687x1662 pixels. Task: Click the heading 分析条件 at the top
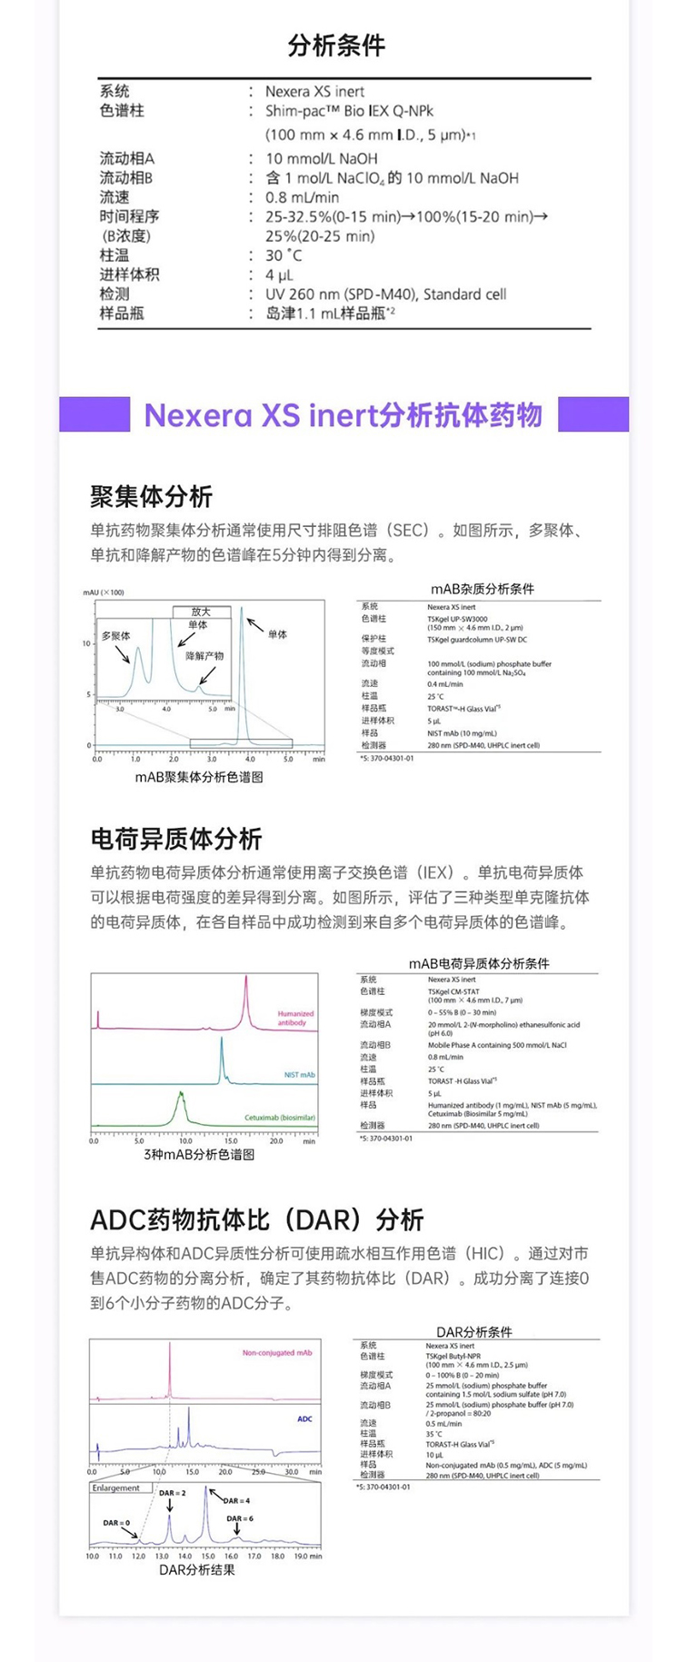click(x=336, y=45)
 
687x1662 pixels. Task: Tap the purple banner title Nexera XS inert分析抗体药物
click(x=343, y=415)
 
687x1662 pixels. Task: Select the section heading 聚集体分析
click(x=151, y=496)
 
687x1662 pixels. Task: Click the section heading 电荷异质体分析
click(x=176, y=838)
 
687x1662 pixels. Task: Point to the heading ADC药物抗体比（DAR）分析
click(x=257, y=1219)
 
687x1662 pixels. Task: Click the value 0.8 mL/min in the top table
click(x=302, y=197)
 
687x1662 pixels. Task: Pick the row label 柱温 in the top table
click(x=114, y=255)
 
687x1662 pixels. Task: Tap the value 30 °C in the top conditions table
click(x=284, y=255)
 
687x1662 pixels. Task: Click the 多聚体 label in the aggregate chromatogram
click(x=115, y=636)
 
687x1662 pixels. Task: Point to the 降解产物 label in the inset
click(x=204, y=655)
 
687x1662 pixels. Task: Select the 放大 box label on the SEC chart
click(x=201, y=612)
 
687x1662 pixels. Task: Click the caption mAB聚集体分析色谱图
click(x=199, y=777)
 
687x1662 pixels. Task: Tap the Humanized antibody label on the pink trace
click(x=295, y=1018)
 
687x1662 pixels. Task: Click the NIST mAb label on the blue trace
click(x=299, y=1075)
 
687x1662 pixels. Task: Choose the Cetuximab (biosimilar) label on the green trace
click(x=280, y=1118)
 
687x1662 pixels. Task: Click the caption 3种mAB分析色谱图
click(x=199, y=1154)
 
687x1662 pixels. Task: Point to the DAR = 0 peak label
click(x=116, y=1523)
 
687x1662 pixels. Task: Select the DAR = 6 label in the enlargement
click(x=240, y=1518)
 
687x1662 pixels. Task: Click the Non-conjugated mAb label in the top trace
click(x=277, y=1353)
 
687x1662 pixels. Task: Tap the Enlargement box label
click(x=115, y=1488)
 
